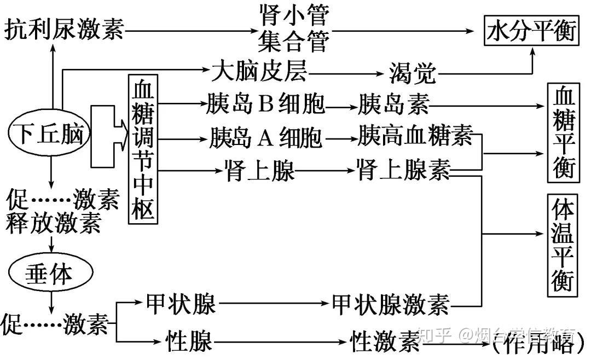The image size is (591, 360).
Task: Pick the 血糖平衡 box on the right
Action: [563, 133]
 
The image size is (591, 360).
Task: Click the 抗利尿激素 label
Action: [64, 31]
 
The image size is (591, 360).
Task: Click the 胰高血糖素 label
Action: [416, 136]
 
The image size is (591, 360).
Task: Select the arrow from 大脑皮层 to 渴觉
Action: [345, 72]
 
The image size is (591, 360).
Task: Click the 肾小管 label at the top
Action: [293, 16]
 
